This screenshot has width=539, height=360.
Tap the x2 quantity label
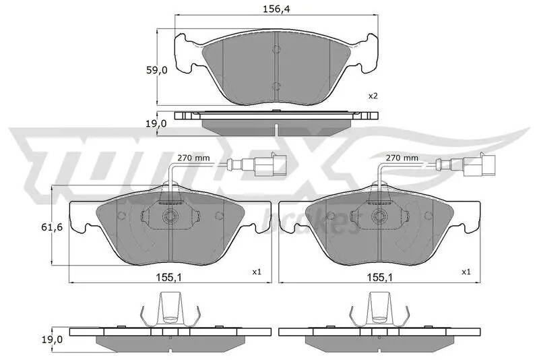point(373,96)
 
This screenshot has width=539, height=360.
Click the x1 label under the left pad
point(256,272)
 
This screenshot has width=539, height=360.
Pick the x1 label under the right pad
point(465,272)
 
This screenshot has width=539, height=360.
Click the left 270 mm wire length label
point(193,158)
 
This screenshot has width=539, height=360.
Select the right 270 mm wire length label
point(402,158)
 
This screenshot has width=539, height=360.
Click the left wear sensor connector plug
point(268,164)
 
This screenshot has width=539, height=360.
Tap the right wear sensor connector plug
point(477,164)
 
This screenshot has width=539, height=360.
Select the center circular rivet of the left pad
point(170,217)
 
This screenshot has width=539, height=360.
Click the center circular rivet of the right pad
point(379,217)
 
